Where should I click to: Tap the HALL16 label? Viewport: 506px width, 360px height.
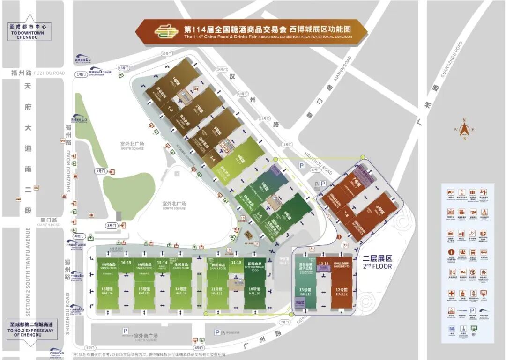click(x=108, y=291)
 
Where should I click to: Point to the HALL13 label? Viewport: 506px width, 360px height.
click(x=305, y=292)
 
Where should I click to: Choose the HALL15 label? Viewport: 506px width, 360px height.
click(x=143, y=291)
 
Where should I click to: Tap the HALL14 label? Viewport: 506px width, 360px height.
click(x=180, y=291)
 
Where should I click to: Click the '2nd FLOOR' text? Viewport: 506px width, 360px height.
click(x=378, y=266)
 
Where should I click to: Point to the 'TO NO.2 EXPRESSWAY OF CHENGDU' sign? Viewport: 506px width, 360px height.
click(x=30, y=330)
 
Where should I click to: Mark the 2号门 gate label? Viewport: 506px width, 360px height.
click(x=101, y=171)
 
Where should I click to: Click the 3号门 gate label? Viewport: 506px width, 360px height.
click(x=112, y=226)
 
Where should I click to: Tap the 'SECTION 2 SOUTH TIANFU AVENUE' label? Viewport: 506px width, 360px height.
click(x=28, y=272)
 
